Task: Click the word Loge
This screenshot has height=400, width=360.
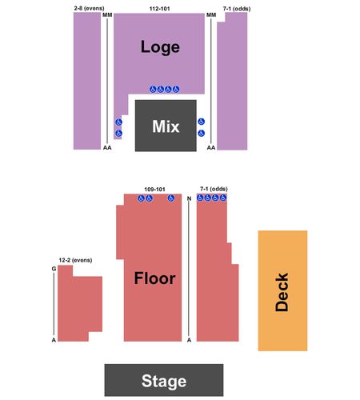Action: [x=160, y=47]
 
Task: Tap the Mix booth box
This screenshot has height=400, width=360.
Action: [x=166, y=126]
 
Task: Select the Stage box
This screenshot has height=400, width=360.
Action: [x=164, y=380]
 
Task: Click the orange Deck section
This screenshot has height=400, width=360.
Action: [x=282, y=290]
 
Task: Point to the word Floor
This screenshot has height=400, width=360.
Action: [x=154, y=278]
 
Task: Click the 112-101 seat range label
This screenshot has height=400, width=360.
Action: [x=159, y=9]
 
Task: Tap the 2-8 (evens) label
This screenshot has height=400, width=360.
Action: [x=89, y=9]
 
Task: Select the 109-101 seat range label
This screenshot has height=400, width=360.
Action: [x=154, y=190]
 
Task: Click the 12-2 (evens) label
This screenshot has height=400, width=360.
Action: [x=75, y=260]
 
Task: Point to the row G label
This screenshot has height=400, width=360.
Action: [x=54, y=269]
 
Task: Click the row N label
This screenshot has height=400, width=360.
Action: [x=189, y=198]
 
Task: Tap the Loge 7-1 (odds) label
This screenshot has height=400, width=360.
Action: [x=237, y=9]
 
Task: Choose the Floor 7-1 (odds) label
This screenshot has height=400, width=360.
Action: [x=214, y=189]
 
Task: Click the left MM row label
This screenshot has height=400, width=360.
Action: [x=107, y=15]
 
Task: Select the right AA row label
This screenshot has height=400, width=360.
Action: [x=211, y=147]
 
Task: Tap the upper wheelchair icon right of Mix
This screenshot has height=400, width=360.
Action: [x=202, y=122]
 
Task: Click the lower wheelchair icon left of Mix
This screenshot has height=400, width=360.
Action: [x=118, y=133]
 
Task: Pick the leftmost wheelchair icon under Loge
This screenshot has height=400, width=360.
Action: [x=153, y=90]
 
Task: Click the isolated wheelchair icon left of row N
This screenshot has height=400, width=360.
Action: [x=171, y=198]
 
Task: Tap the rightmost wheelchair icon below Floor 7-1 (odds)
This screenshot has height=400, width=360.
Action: [x=223, y=198]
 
